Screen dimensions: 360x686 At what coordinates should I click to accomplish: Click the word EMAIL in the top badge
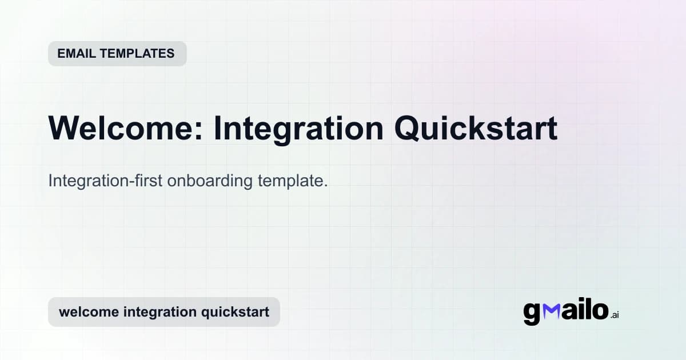(76, 54)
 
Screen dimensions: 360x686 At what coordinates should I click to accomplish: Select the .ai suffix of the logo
(615, 315)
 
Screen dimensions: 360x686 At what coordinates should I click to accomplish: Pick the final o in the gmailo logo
(600, 310)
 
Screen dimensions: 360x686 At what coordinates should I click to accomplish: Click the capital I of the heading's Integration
(217, 129)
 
